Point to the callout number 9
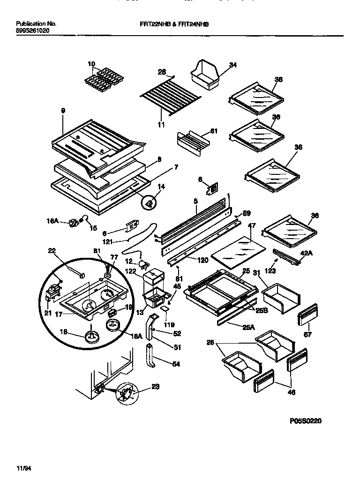63,111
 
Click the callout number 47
251,226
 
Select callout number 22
52,251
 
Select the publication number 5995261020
32,30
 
